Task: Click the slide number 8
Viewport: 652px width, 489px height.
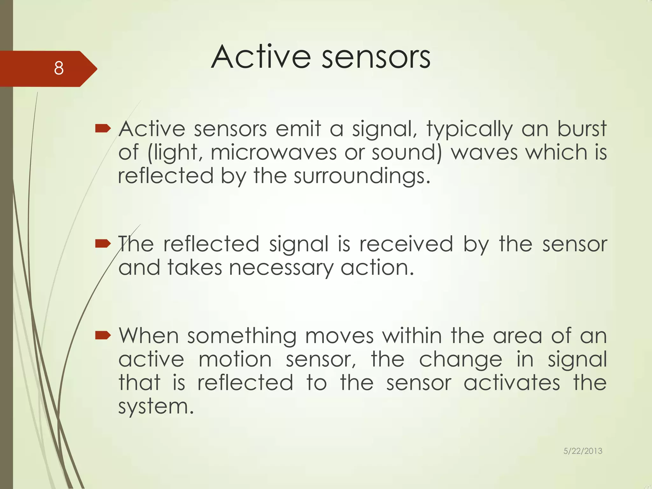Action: (59, 68)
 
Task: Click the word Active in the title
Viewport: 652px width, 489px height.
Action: (260, 57)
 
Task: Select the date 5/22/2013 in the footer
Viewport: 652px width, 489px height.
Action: (583, 451)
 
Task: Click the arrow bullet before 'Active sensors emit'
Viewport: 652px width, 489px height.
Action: (103, 129)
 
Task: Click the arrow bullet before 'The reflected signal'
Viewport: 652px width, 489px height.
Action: (103, 244)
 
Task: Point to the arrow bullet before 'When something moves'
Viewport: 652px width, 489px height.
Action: (103, 335)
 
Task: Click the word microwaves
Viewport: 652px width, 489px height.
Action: (273, 152)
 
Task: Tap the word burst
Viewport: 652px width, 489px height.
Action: (582, 129)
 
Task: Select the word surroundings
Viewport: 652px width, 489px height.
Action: (362, 176)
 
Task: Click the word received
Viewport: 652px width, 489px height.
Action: (406, 244)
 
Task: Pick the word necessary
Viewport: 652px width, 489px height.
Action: (281, 268)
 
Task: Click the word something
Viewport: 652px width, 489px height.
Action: (242, 336)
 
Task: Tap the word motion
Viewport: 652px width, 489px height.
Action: (235, 359)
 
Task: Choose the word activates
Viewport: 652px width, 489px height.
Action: (512, 383)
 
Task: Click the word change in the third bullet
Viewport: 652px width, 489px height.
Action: (460, 360)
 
